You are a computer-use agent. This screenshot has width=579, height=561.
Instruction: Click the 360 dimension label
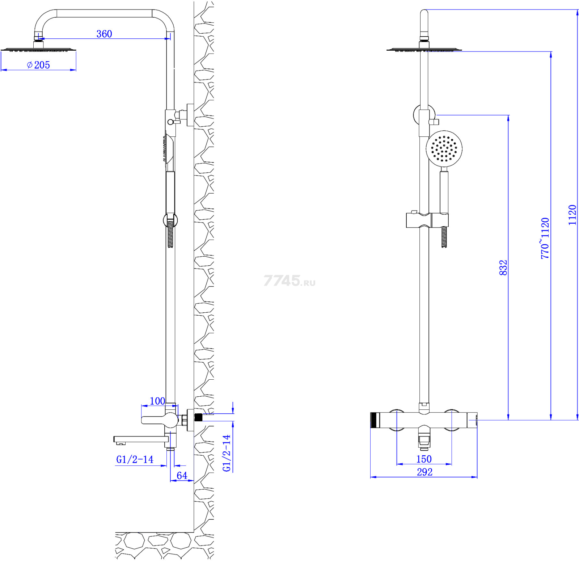(x=104, y=34)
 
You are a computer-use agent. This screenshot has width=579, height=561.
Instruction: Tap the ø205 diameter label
(x=38, y=65)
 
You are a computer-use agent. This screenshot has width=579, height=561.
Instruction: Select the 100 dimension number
(x=157, y=401)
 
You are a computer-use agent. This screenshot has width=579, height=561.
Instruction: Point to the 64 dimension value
(x=182, y=475)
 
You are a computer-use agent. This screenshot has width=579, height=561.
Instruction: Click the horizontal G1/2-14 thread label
(x=135, y=459)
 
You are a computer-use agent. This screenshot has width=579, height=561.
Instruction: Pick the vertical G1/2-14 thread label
(x=227, y=453)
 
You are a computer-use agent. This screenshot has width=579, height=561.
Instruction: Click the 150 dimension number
(x=424, y=459)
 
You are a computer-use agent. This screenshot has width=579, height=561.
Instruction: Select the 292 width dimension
(x=424, y=472)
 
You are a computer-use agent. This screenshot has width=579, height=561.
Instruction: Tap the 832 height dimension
(x=503, y=268)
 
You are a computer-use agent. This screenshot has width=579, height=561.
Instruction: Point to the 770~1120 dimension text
(x=545, y=238)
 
